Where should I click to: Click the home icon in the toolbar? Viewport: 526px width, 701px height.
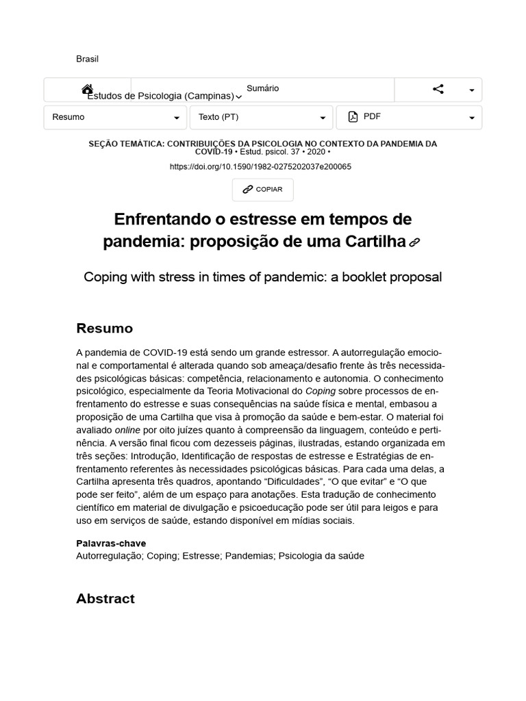(87, 90)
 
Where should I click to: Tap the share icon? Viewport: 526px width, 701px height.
(438, 89)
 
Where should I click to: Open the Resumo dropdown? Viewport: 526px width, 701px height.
(115, 117)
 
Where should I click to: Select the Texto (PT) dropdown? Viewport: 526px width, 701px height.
(261, 117)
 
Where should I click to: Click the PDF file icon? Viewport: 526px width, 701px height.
(353, 117)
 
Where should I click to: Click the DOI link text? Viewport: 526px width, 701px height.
(260, 166)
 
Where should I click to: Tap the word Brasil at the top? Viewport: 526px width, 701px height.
(87, 59)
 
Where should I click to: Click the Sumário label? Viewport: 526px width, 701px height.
(263, 88)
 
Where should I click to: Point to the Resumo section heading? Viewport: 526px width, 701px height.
(104, 328)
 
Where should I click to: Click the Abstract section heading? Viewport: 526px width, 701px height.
(105, 598)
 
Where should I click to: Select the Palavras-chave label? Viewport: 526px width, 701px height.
(111, 544)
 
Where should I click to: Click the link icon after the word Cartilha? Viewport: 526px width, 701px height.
(414, 242)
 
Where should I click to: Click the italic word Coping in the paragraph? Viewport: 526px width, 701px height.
(319, 391)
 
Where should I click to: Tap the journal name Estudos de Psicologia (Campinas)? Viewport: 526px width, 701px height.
(160, 97)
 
